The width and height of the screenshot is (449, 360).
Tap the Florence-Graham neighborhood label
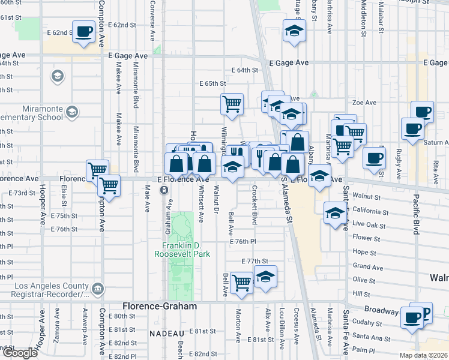point(159,306)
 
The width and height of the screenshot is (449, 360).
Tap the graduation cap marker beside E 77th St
point(264,276)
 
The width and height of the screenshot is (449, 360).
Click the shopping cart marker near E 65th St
point(232,104)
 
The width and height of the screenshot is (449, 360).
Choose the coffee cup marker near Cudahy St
point(412,318)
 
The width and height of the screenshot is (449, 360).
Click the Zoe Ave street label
point(364,103)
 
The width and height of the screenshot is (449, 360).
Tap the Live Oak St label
point(367,223)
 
